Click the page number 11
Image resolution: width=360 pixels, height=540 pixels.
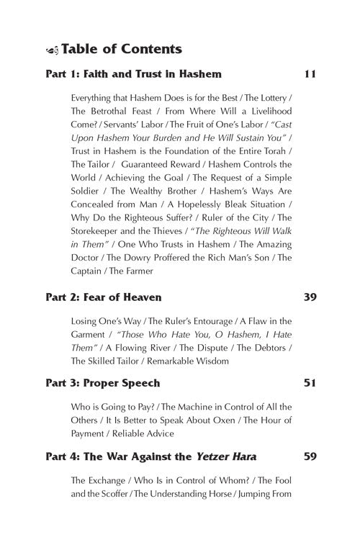pyautogui.click(x=310, y=74)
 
